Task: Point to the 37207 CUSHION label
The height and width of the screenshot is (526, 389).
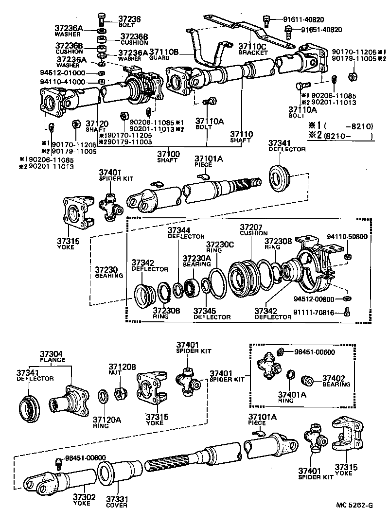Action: point(253,229)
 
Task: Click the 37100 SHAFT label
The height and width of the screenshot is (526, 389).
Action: point(169,157)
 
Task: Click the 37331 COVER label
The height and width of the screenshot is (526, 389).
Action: point(117,502)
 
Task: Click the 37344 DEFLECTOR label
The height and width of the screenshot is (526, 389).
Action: point(179,233)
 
